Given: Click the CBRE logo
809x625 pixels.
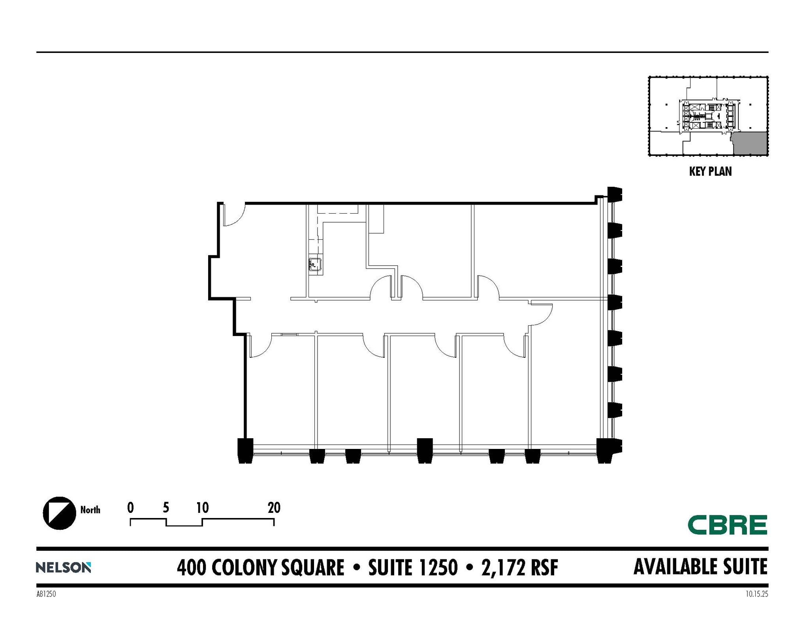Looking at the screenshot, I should pyautogui.click(x=727, y=525).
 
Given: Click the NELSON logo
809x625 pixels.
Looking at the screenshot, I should pyautogui.click(x=63, y=567).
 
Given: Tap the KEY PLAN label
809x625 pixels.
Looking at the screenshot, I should pyautogui.click(x=710, y=171).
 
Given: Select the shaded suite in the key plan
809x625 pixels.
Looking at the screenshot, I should pyautogui.click(x=750, y=143).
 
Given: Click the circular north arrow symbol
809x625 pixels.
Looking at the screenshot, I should pyautogui.click(x=59, y=513).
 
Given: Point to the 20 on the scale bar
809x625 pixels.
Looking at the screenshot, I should pyautogui.click(x=274, y=508).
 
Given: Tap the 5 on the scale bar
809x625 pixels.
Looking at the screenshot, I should pyautogui.click(x=166, y=508).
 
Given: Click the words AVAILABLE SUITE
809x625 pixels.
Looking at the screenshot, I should pyautogui.click(x=700, y=567).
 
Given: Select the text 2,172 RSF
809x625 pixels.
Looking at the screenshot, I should pyautogui.click(x=519, y=568).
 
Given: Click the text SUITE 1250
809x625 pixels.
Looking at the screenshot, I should pyautogui.click(x=413, y=568).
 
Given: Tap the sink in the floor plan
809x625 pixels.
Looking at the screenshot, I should pyautogui.click(x=314, y=264).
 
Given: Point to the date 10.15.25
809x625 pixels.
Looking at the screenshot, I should pyautogui.click(x=757, y=594).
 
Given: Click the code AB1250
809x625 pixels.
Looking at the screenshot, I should pyautogui.click(x=46, y=594).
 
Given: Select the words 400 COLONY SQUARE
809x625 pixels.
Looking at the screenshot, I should pyautogui.click(x=260, y=568).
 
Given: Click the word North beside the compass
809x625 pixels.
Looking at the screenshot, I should pyautogui.click(x=90, y=510).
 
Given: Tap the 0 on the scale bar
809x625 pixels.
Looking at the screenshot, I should pyautogui.click(x=130, y=508).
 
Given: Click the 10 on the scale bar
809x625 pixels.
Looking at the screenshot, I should pyautogui.click(x=202, y=508).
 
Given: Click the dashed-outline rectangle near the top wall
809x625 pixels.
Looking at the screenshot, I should pyautogui.click(x=338, y=209).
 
